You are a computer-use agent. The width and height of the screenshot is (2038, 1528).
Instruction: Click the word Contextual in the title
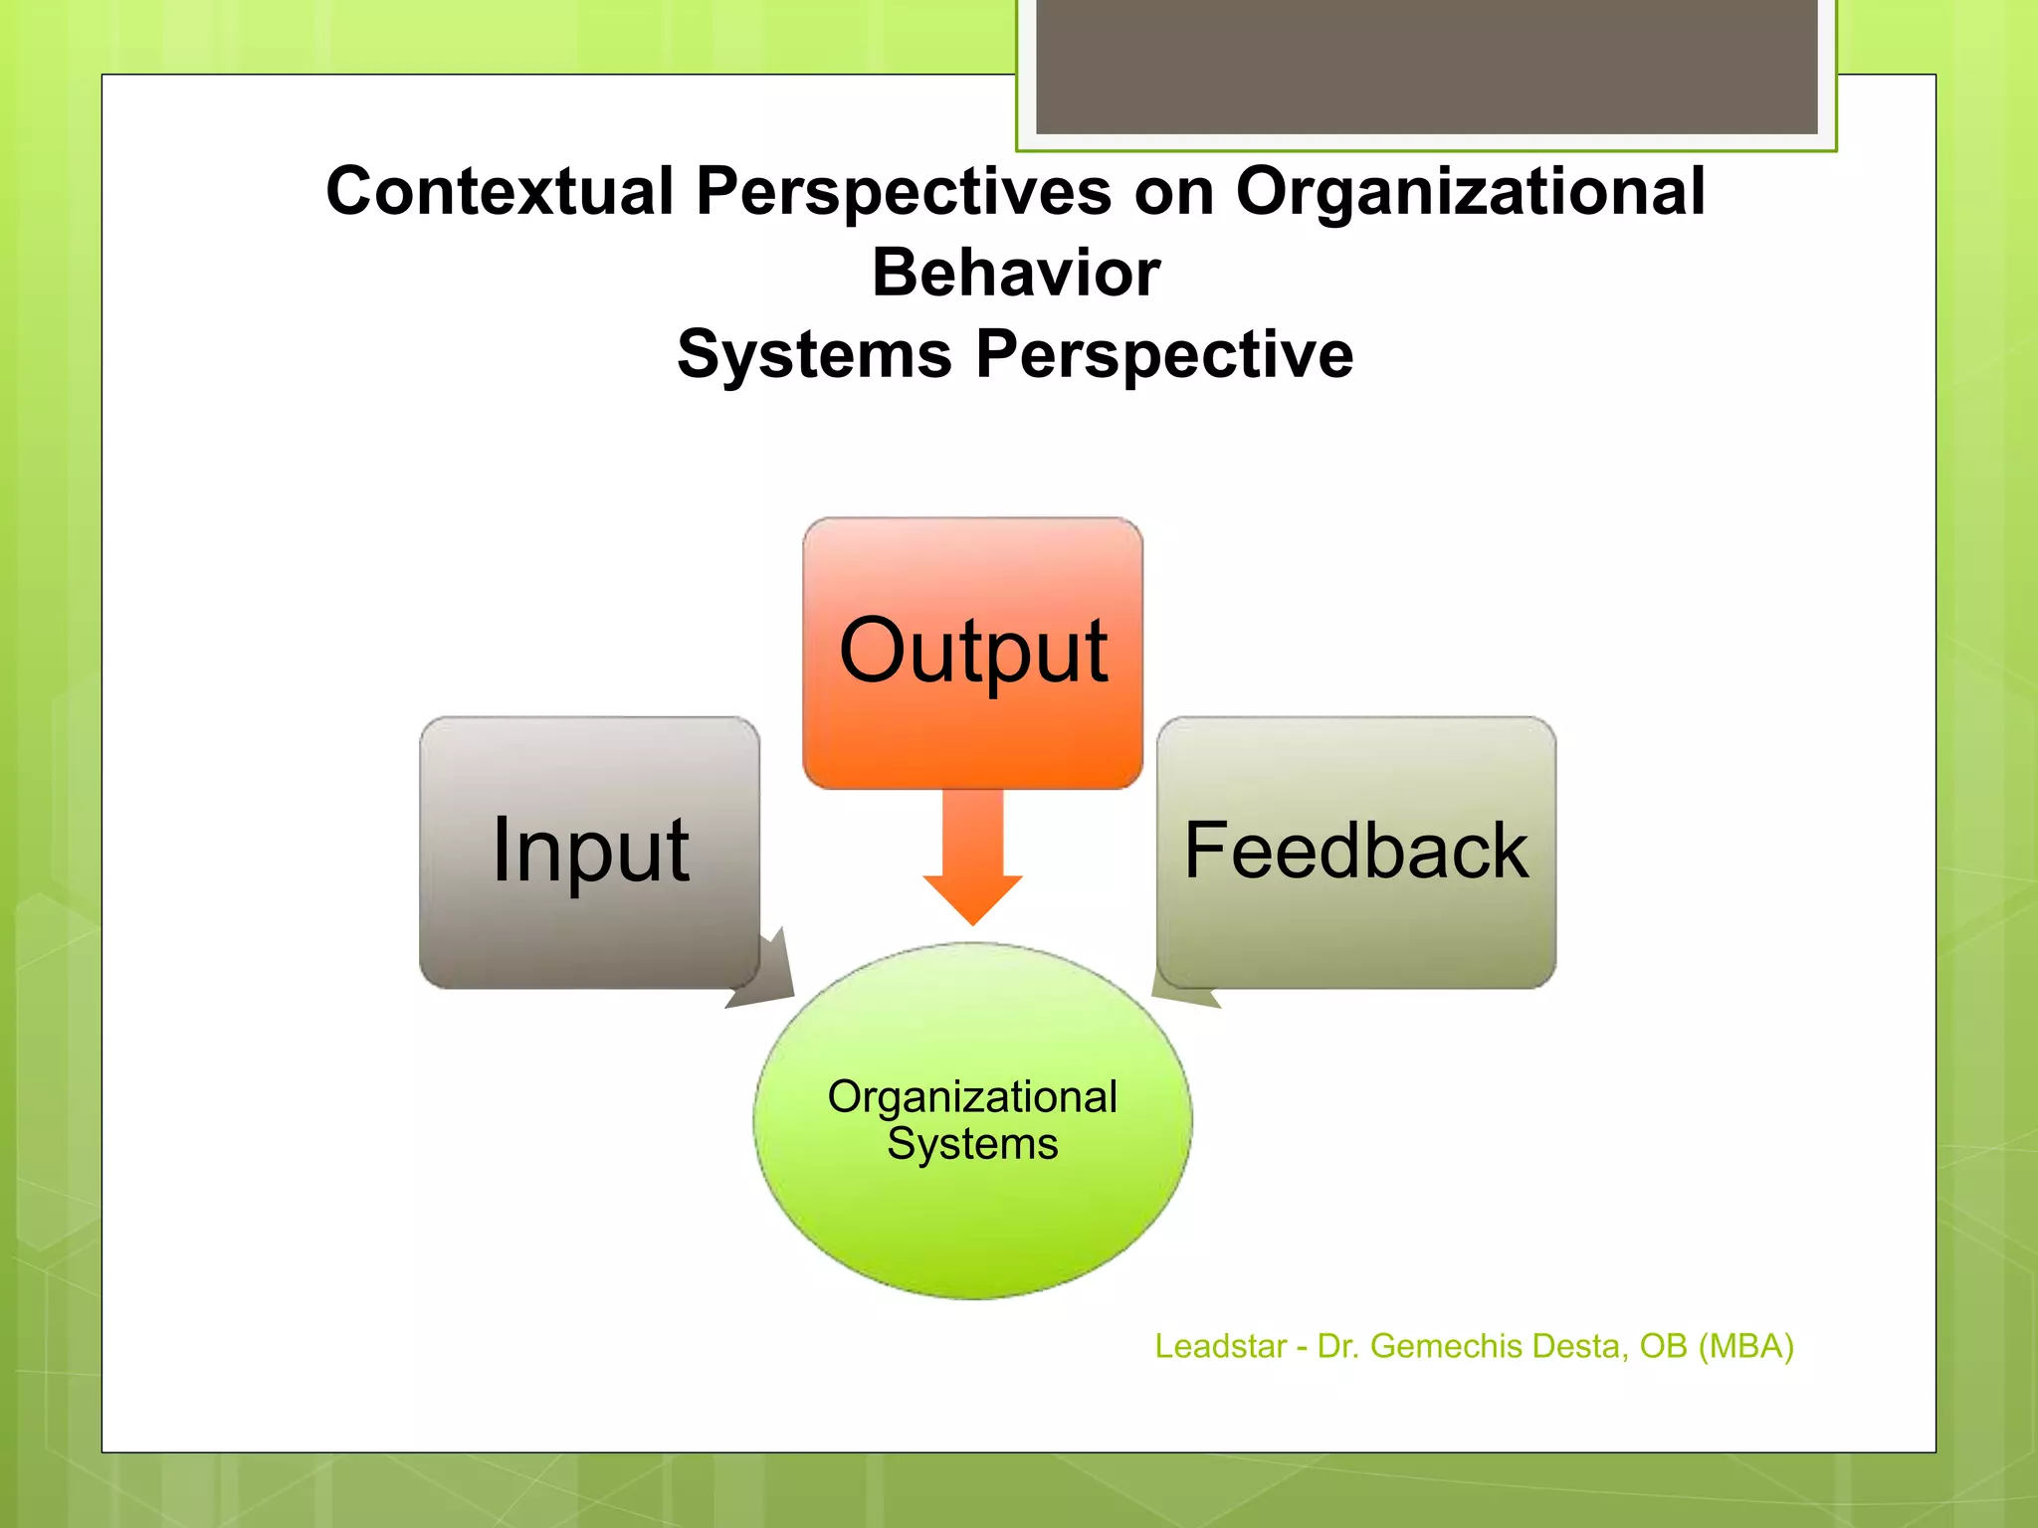[500, 191]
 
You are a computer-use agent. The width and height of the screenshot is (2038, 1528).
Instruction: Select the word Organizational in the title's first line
[1470, 191]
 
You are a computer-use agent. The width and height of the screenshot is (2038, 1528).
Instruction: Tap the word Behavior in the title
[1016, 273]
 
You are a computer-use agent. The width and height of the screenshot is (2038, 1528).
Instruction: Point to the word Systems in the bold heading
[814, 354]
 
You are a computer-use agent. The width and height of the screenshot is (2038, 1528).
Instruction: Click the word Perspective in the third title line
[1164, 354]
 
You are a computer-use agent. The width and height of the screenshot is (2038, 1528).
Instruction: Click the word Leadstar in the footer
[1220, 1346]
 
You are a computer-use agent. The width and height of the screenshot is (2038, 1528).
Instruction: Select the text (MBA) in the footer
[1745, 1346]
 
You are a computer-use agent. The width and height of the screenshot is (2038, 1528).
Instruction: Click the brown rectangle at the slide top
[1426, 66]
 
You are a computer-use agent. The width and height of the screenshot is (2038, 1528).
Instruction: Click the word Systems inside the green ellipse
[972, 1144]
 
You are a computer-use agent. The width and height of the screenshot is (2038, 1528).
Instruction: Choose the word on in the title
[1174, 191]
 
